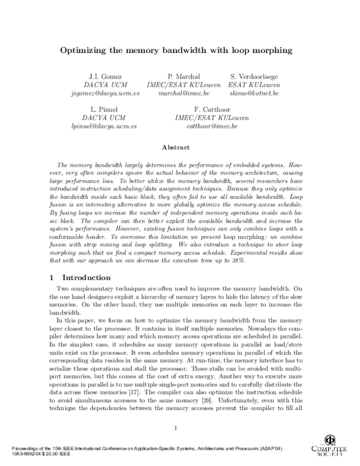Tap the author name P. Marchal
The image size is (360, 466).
(x=179, y=77)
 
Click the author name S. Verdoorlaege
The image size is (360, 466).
(x=254, y=77)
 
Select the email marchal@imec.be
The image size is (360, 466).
(x=179, y=94)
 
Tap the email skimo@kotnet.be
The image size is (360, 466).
(x=254, y=94)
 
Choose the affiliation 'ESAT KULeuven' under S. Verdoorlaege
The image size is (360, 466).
(x=254, y=85)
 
